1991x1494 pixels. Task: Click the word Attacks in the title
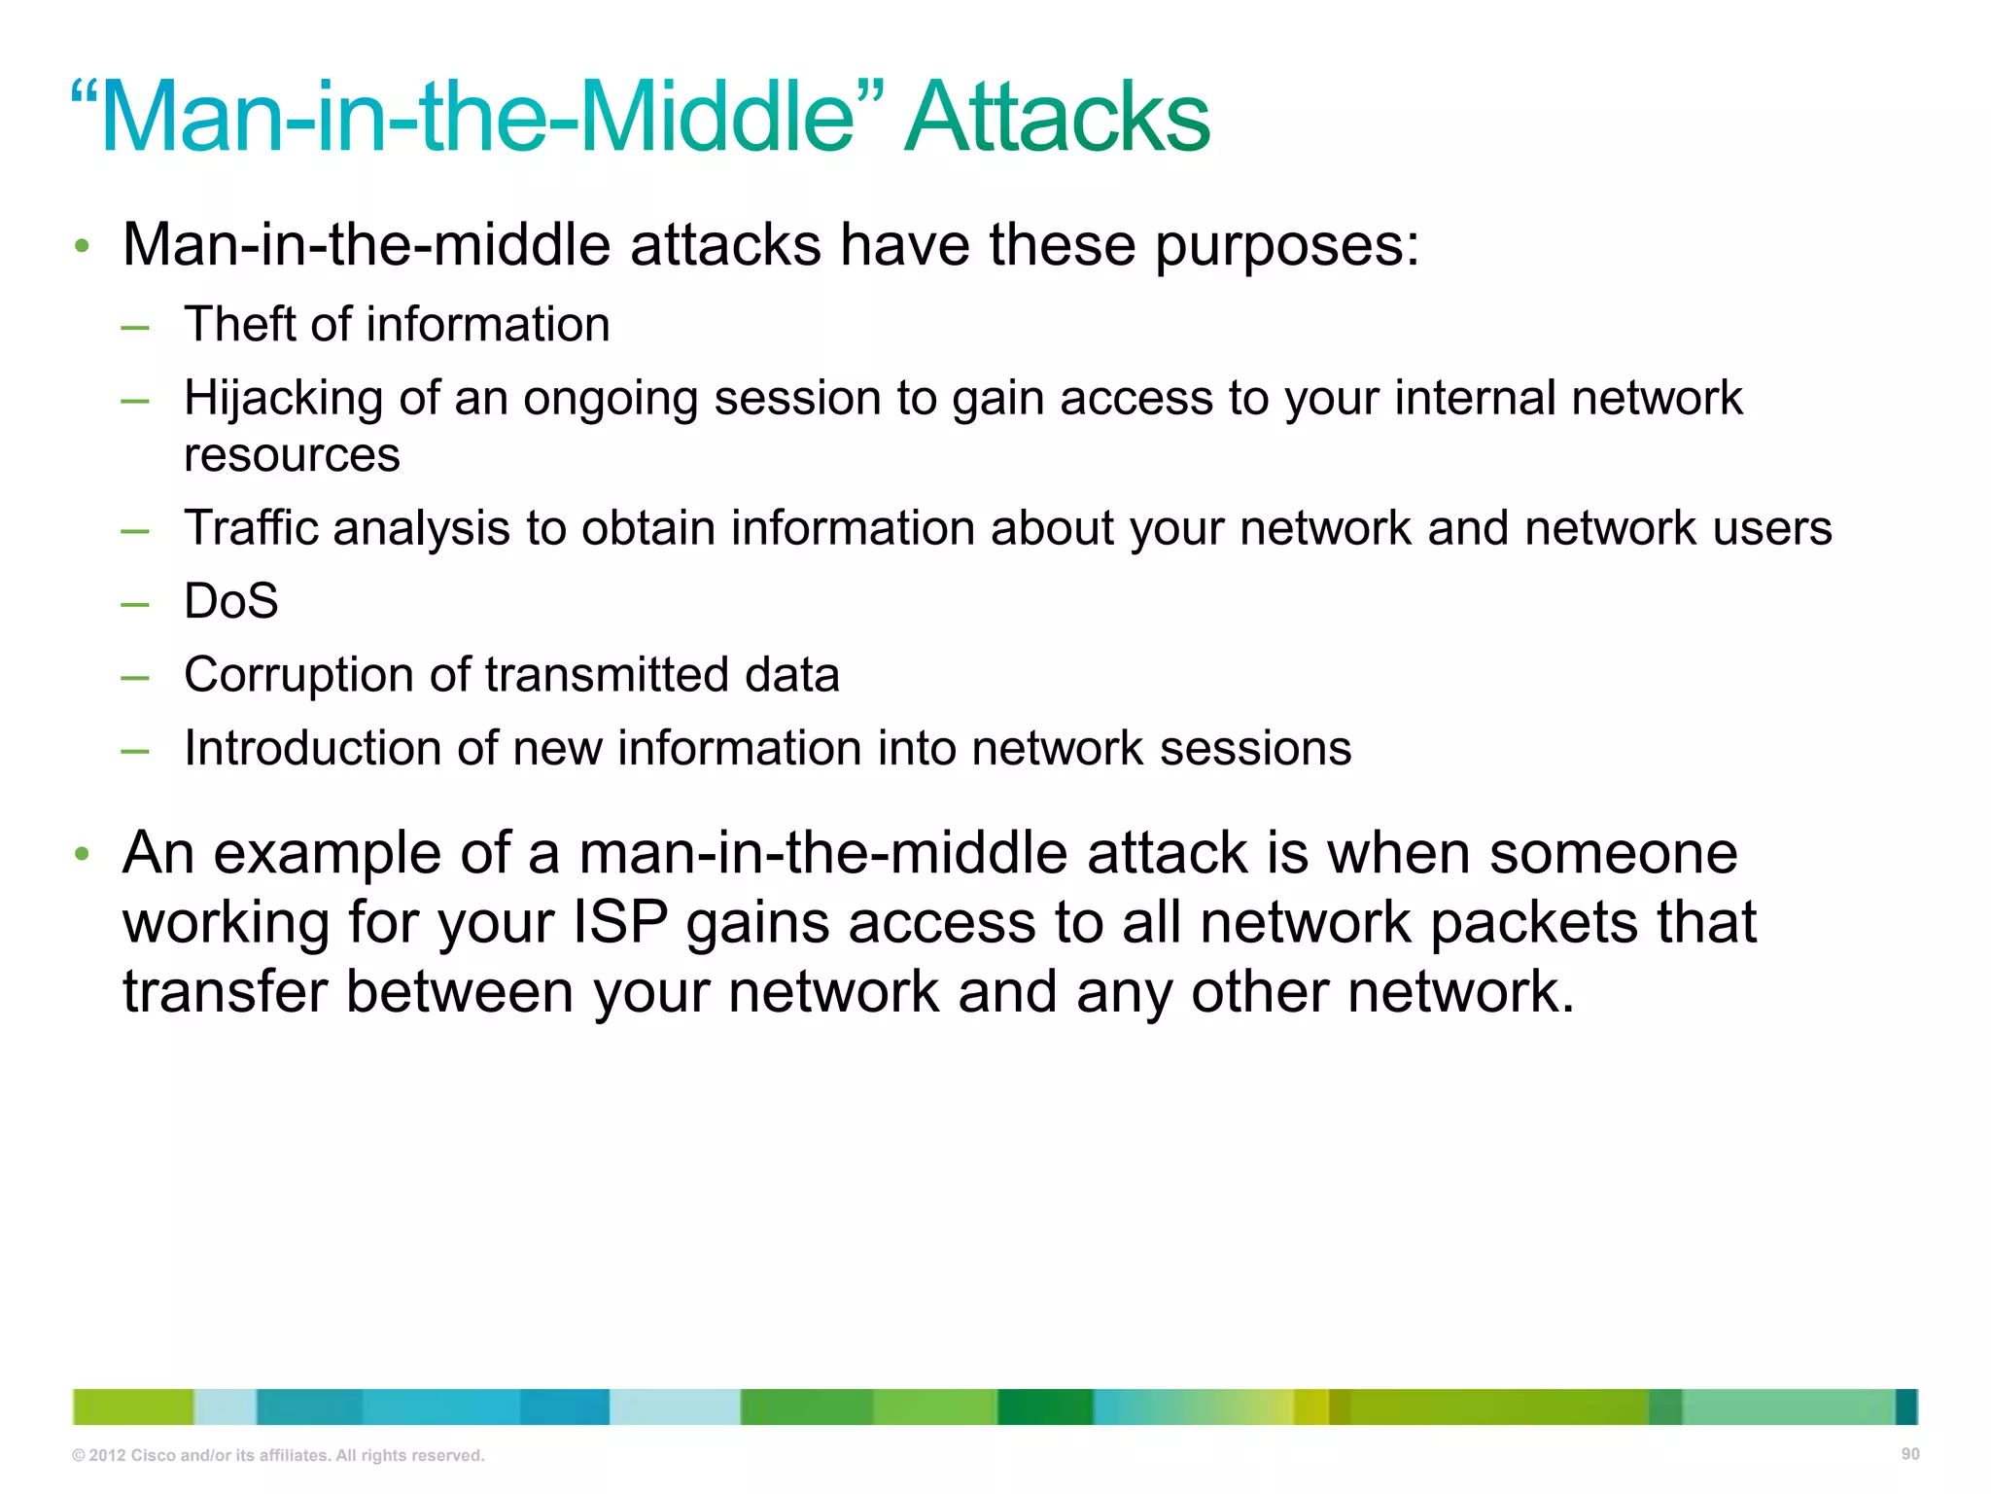[1057, 119]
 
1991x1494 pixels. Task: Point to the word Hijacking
[283, 399]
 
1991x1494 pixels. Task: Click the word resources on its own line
[292, 455]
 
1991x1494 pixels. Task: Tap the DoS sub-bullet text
[230, 601]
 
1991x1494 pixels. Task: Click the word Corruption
[298, 675]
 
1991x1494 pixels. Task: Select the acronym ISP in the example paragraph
[620, 922]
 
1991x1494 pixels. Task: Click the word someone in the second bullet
[1613, 853]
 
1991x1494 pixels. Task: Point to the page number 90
[1909, 1454]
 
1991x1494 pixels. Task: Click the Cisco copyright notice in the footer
[278, 1455]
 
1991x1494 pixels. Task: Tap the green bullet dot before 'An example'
[82, 854]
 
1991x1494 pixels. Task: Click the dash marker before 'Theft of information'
[135, 327]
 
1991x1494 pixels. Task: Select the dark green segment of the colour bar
[1044, 1406]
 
